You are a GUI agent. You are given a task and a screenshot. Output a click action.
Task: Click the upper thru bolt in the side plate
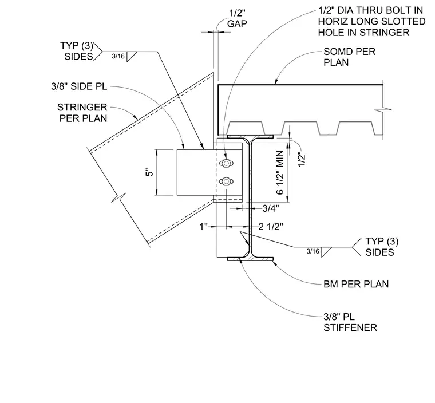226,163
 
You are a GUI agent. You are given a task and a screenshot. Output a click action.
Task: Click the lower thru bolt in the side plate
226,182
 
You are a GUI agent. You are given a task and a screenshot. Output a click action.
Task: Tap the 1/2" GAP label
237,18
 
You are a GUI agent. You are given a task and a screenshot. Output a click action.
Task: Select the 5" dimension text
150,172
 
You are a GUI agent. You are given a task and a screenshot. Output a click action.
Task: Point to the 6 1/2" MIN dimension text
280,172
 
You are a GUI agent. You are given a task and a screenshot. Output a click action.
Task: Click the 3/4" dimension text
271,208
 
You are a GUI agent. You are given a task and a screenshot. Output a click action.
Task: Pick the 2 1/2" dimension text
271,227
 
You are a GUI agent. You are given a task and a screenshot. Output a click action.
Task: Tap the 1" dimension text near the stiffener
204,227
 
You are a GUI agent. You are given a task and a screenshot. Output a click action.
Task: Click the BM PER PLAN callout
356,284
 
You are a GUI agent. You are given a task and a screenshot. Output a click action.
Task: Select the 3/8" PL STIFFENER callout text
350,322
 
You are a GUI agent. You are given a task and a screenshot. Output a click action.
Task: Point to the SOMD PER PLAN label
350,57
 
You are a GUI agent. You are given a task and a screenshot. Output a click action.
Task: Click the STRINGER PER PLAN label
82,113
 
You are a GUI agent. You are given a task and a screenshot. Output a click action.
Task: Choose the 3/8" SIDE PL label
79,86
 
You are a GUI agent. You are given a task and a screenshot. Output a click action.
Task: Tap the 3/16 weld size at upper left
118,56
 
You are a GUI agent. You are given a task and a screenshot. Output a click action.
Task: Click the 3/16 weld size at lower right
313,251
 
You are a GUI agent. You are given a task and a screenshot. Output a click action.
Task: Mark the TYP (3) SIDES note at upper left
77,51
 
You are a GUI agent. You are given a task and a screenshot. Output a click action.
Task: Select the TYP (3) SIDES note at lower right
382,247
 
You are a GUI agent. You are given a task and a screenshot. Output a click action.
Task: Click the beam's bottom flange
250,259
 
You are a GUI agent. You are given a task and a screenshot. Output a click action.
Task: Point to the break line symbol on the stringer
118,197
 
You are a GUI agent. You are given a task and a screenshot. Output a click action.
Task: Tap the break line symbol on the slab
383,110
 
